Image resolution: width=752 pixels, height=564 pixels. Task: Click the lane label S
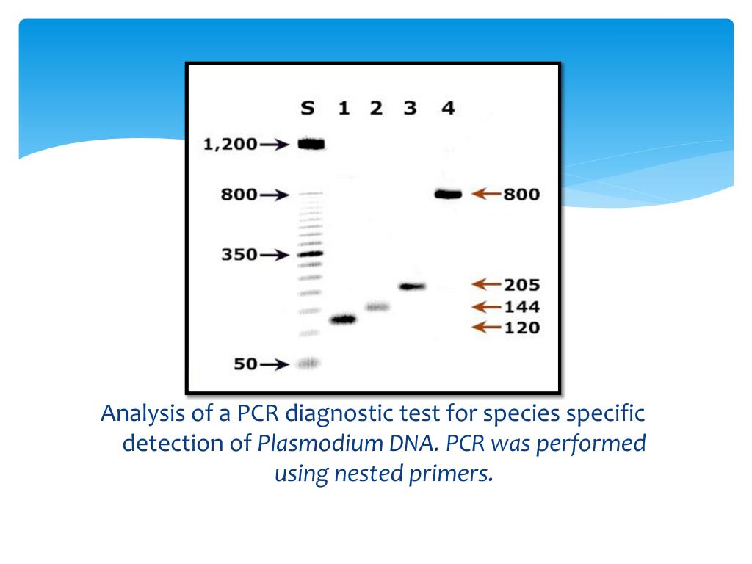click(x=308, y=109)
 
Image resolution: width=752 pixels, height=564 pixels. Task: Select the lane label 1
click(x=343, y=109)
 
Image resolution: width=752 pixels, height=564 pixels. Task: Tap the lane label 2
click(x=376, y=109)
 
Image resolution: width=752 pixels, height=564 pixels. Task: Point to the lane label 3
click(x=410, y=109)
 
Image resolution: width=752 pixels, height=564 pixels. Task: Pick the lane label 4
click(x=448, y=109)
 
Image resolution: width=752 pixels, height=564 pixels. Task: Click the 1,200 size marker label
click(x=230, y=145)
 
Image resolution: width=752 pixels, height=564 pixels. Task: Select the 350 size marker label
click(x=239, y=256)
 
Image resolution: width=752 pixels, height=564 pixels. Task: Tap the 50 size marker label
click(x=246, y=364)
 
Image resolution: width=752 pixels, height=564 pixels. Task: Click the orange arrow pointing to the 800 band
click(x=486, y=194)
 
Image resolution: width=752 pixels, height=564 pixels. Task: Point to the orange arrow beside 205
click(x=486, y=283)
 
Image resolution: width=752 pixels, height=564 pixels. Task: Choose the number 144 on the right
click(x=521, y=306)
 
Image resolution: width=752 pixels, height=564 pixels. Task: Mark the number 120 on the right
click(x=521, y=328)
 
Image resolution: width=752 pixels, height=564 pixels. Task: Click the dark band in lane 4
click(x=447, y=195)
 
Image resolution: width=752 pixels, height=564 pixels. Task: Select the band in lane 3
click(x=412, y=286)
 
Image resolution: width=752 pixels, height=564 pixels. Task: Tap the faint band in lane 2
click(x=377, y=306)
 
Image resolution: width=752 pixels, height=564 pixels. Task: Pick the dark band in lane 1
click(x=343, y=319)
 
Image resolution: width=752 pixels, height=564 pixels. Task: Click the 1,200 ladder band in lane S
click(x=311, y=145)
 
